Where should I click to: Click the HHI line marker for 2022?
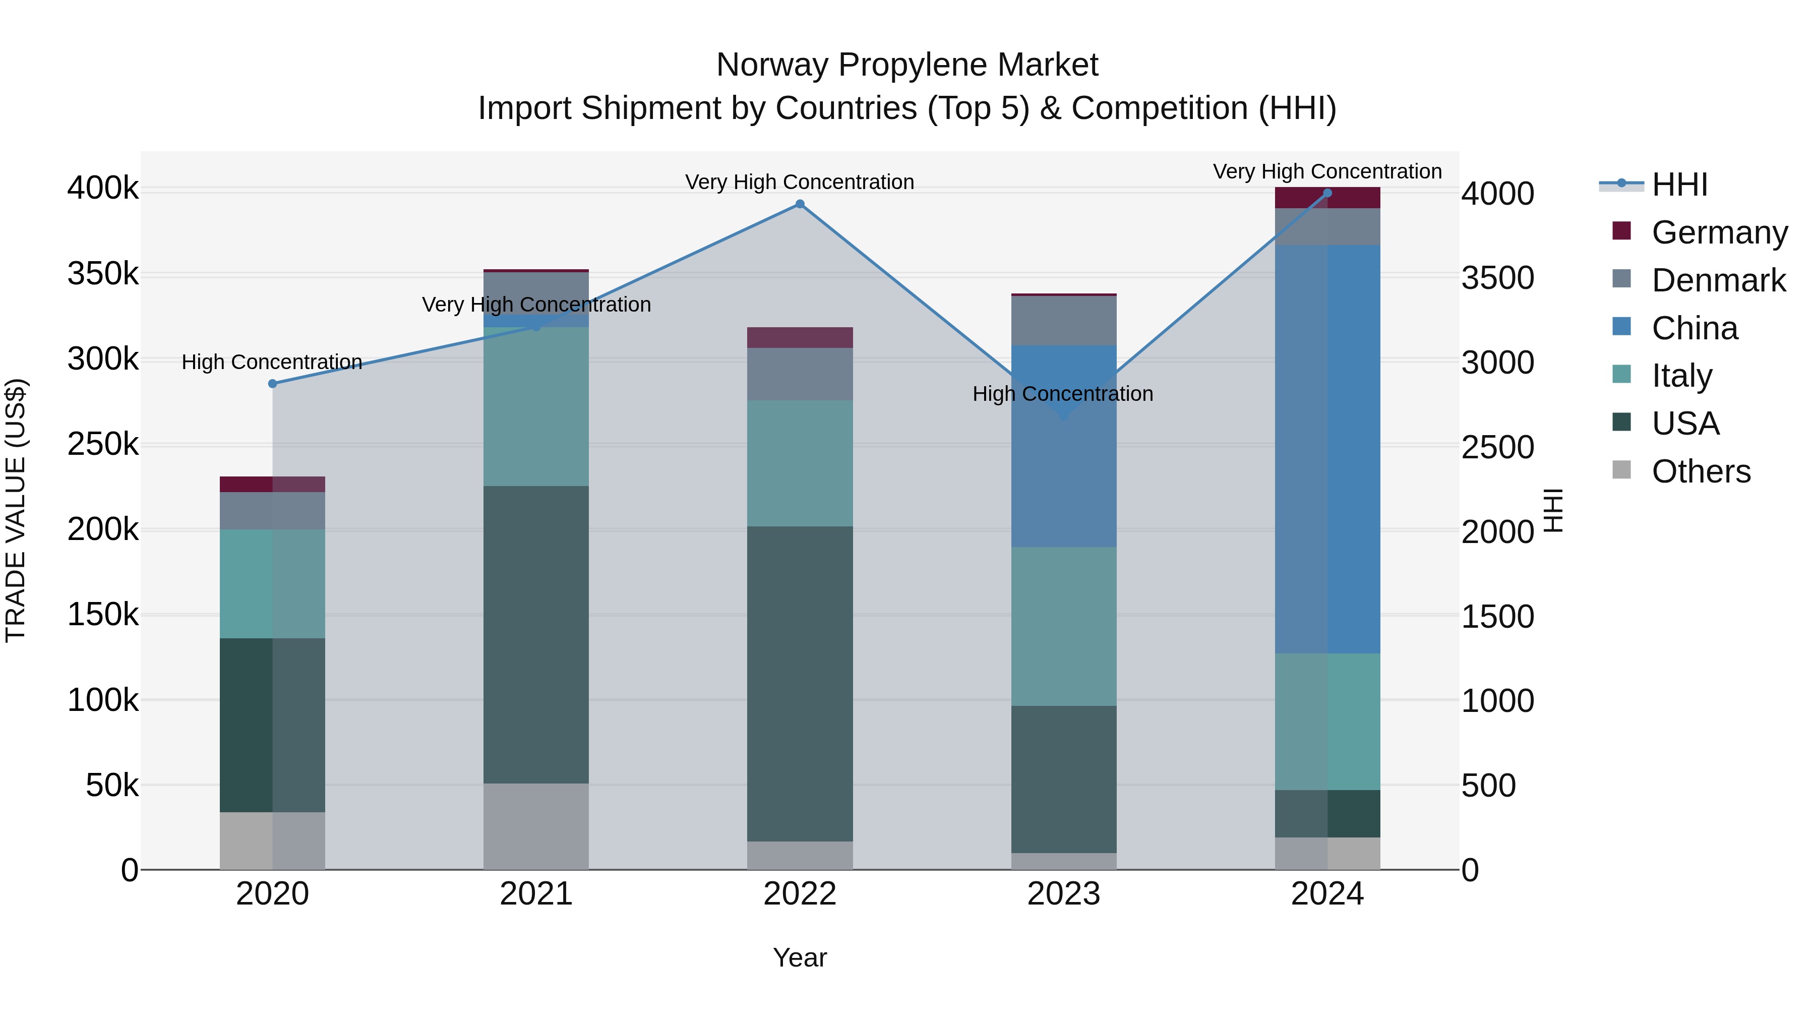pyautogui.click(x=800, y=204)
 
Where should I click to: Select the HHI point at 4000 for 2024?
pyautogui.click(x=1327, y=193)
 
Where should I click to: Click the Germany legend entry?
pyautogui.click(x=1719, y=232)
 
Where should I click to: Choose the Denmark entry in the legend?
pyautogui.click(x=1718, y=280)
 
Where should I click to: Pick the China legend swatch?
pyautogui.click(x=1622, y=327)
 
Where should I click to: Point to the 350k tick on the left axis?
pyautogui.click(x=103, y=274)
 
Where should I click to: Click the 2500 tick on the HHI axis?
pyautogui.click(x=1497, y=447)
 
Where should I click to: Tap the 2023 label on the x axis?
pyautogui.click(x=1063, y=894)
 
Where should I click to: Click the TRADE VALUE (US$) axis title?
pyautogui.click(x=16, y=510)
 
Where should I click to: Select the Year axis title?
pyautogui.click(x=800, y=957)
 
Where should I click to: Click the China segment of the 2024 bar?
pyautogui.click(x=1327, y=449)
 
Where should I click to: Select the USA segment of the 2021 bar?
pyautogui.click(x=536, y=634)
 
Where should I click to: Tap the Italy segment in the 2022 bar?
pyautogui.click(x=800, y=463)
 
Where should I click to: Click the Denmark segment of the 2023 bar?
pyautogui.click(x=1063, y=321)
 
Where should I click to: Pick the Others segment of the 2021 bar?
pyautogui.click(x=536, y=826)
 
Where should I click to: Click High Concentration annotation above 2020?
pyautogui.click(x=272, y=362)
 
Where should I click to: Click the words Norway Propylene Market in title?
pyautogui.click(x=907, y=65)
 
